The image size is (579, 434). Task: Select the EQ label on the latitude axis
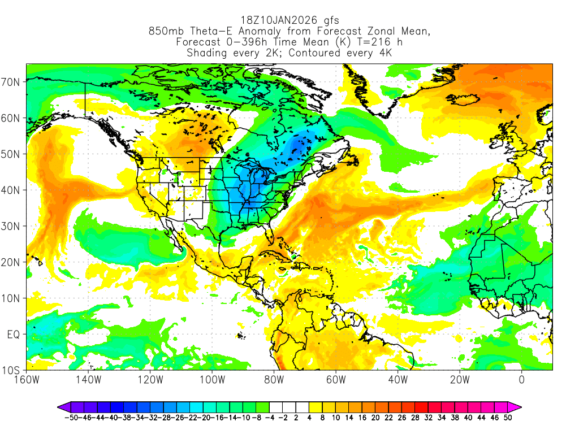(x=13, y=335)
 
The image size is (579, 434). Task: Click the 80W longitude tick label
(x=274, y=379)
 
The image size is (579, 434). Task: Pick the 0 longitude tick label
(x=521, y=379)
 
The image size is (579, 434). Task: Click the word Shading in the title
(x=207, y=53)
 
